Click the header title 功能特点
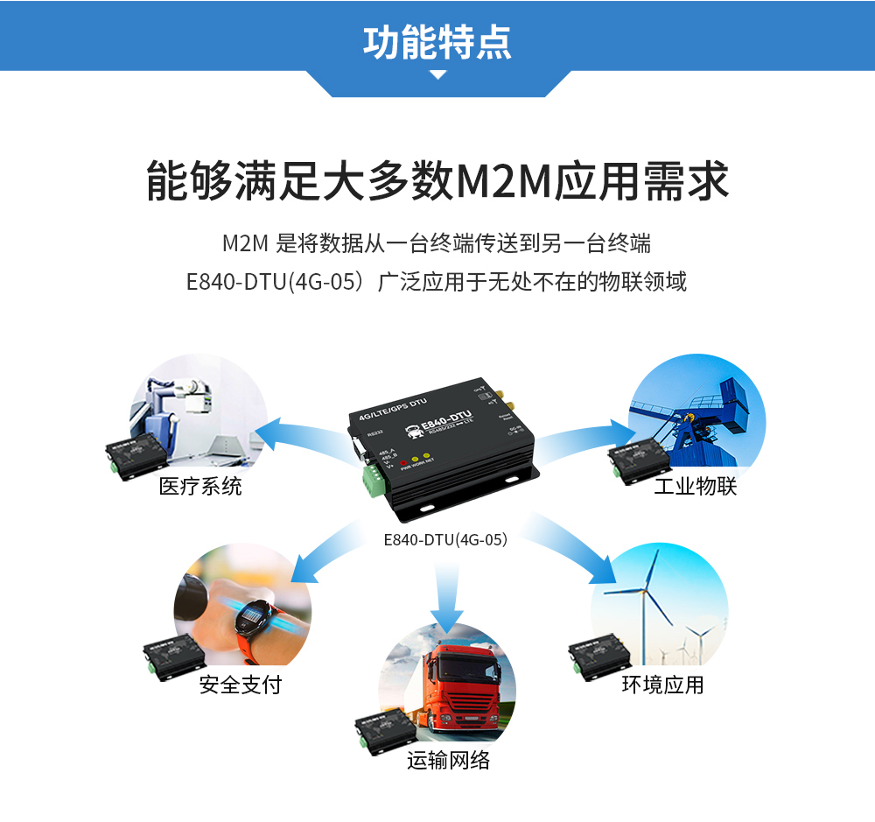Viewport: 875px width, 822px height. click(437, 42)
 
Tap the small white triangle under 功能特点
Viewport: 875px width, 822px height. click(437, 76)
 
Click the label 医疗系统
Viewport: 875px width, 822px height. click(200, 487)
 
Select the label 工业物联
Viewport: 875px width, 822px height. click(696, 487)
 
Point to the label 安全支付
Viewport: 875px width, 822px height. click(241, 685)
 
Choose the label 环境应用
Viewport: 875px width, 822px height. click(662, 685)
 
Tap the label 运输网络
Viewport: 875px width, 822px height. click(449, 760)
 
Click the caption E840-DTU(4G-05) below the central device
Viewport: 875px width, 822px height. click(445, 540)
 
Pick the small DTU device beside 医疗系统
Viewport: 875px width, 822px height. click(135, 453)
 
